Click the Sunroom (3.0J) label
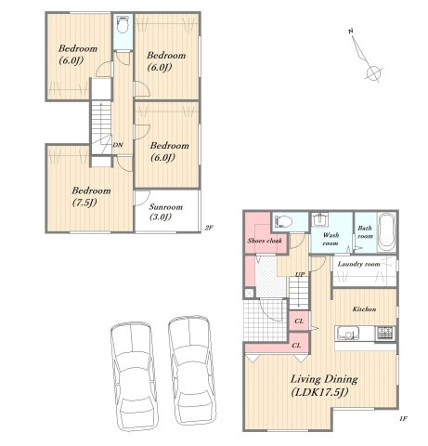(166, 212)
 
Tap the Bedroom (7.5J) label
(91, 196)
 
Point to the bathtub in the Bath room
(386, 232)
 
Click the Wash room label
(331, 239)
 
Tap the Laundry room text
(358, 264)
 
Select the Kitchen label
(364, 309)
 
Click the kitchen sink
(348, 334)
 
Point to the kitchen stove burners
(385, 333)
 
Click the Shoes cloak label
(265, 241)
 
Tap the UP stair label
(300, 274)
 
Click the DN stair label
(117, 145)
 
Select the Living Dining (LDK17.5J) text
(324, 386)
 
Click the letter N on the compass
(351, 31)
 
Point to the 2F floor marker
(209, 228)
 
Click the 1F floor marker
(403, 419)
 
